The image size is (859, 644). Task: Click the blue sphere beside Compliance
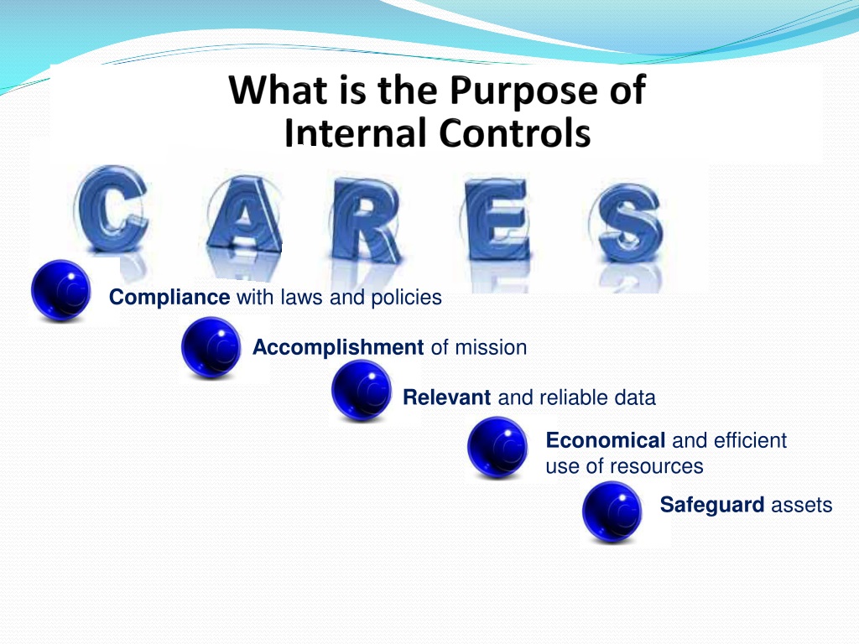tap(60, 289)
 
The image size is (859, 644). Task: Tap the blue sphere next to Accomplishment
tap(211, 347)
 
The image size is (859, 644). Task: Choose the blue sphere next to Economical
tap(497, 448)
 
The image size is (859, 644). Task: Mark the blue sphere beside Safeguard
tap(612, 512)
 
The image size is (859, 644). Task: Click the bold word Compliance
tap(169, 298)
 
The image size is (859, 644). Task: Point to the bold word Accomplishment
tap(338, 348)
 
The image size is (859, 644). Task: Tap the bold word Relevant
tap(446, 397)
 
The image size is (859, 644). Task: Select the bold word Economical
tap(606, 440)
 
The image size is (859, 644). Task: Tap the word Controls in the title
tap(514, 133)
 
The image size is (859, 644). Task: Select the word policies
tap(407, 298)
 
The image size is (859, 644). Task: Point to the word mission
tap(491, 348)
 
